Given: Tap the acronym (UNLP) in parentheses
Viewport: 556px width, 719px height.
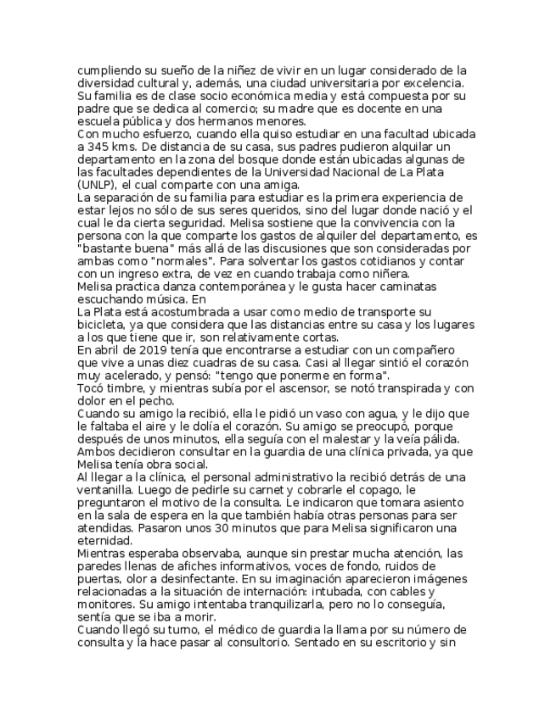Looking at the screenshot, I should click(98, 183).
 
